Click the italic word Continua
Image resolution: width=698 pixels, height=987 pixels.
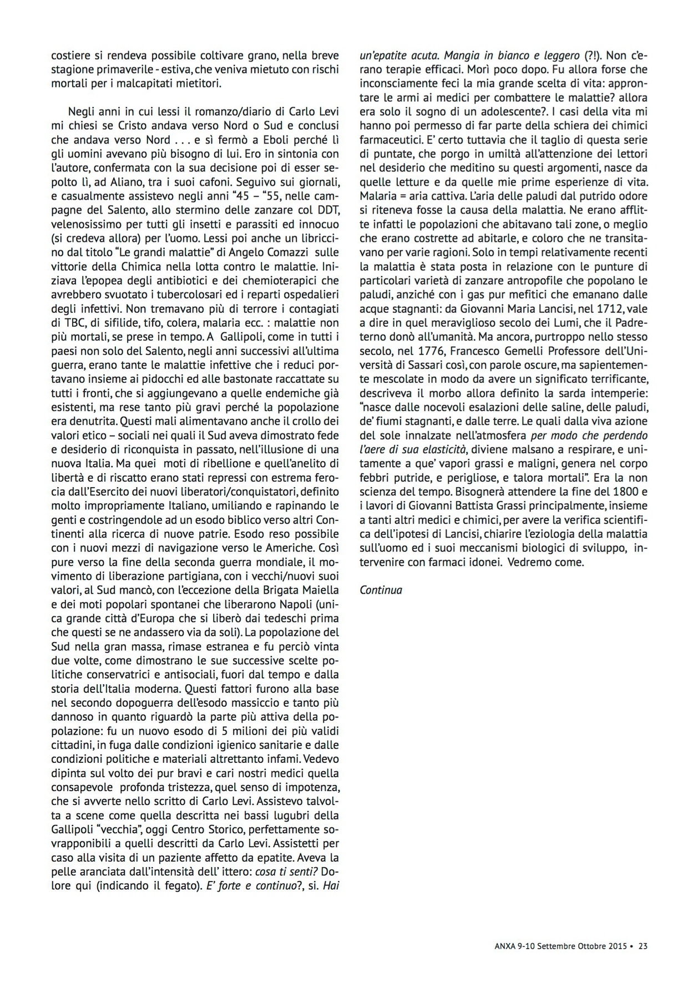click(x=381, y=590)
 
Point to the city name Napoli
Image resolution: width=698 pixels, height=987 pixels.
click(x=292, y=604)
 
